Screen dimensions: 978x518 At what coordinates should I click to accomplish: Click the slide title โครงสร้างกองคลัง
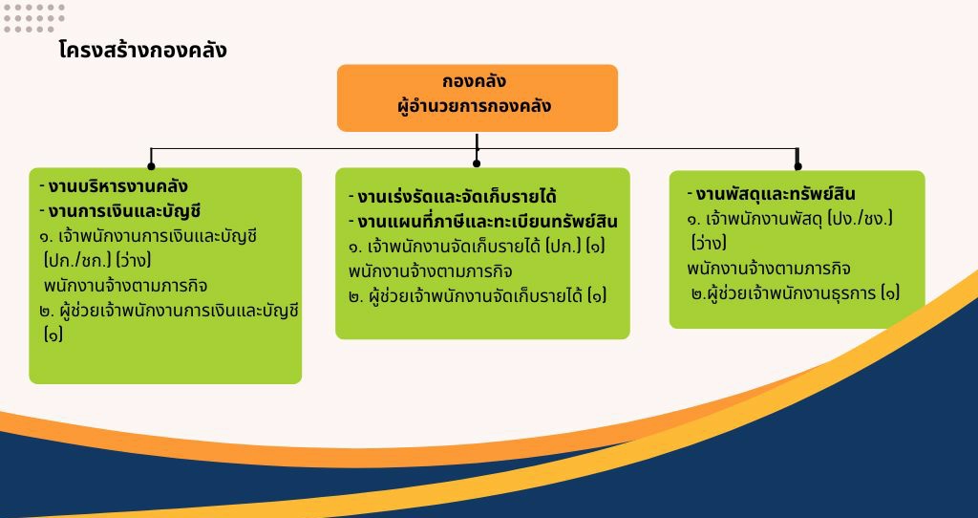pyautogui.click(x=143, y=50)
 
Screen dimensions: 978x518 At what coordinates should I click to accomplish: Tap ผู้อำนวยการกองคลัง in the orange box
pyautogui.click(x=475, y=105)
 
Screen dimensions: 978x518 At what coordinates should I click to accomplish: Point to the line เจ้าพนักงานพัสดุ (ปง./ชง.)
pyautogui.click(x=790, y=219)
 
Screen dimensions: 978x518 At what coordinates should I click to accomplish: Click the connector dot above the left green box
pyautogui.click(x=151, y=166)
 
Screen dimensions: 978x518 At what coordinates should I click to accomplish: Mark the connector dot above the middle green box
pyautogui.click(x=477, y=163)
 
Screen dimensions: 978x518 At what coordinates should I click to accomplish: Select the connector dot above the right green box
pyautogui.click(x=797, y=166)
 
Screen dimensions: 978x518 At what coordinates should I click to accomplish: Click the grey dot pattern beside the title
pyautogui.click(x=34, y=18)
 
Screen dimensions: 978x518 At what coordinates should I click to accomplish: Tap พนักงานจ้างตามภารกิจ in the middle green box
pyautogui.click(x=431, y=271)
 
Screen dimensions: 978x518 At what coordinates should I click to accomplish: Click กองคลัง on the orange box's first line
pyautogui.click(x=475, y=82)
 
